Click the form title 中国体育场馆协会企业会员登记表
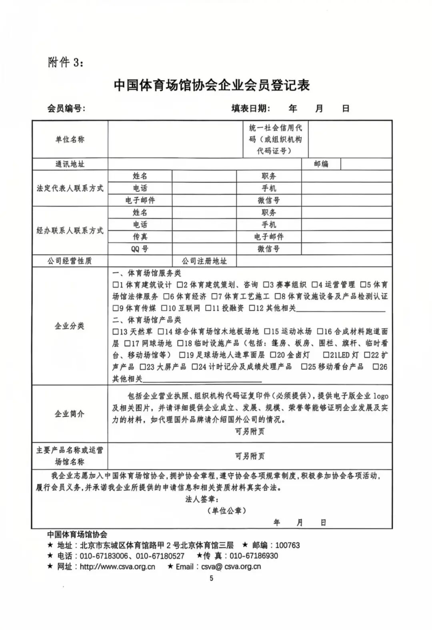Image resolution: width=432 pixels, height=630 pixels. [x=212, y=85]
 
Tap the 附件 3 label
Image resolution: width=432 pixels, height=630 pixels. [x=65, y=62]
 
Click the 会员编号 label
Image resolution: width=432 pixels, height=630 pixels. [x=66, y=108]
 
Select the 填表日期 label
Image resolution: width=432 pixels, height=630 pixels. [x=251, y=108]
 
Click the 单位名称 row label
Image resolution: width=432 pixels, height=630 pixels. [x=70, y=139]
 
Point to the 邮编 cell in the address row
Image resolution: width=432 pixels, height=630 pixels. [x=321, y=164]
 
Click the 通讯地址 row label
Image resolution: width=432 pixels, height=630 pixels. [x=70, y=164]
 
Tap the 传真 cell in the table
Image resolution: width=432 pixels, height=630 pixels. [x=140, y=237]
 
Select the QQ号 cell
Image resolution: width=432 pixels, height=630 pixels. [x=140, y=249]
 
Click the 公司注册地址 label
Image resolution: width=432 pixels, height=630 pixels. [x=204, y=261]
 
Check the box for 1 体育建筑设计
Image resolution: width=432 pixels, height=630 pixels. [x=116, y=285]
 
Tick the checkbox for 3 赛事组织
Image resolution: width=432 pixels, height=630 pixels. [x=266, y=285]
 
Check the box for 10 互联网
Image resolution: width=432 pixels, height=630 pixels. [x=164, y=308]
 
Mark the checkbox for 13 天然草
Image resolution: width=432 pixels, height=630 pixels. [x=116, y=332]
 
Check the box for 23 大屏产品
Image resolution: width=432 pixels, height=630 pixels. [x=143, y=367]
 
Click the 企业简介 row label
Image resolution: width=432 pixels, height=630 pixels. [x=70, y=414]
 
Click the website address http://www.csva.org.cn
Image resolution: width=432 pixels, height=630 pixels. [x=117, y=566]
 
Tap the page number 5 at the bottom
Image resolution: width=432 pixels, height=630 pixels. [x=211, y=578]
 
